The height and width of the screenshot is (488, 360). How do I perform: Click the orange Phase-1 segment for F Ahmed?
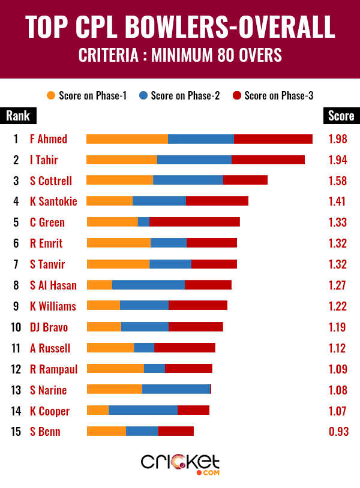[127, 139]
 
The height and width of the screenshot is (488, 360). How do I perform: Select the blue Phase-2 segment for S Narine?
[176, 389]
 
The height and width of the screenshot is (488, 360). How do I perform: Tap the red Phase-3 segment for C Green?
[194, 222]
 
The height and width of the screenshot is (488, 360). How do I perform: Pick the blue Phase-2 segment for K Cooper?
[143, 410]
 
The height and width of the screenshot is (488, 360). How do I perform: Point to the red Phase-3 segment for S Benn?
[176, 431]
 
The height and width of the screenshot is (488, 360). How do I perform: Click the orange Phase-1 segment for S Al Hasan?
[100, 285]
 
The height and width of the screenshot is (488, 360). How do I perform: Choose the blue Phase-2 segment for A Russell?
[144, 348]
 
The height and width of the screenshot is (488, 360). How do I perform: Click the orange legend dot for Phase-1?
[51, 95]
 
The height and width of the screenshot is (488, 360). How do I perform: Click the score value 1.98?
[338, 139]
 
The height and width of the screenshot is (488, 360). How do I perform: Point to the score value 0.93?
[338, 432]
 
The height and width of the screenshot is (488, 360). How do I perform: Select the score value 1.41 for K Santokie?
[338, 201]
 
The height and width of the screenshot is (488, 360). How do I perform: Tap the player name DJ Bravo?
[49, 327]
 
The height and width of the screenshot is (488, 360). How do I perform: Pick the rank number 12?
[16, 369]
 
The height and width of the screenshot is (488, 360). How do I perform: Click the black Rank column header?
[17, 116]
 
